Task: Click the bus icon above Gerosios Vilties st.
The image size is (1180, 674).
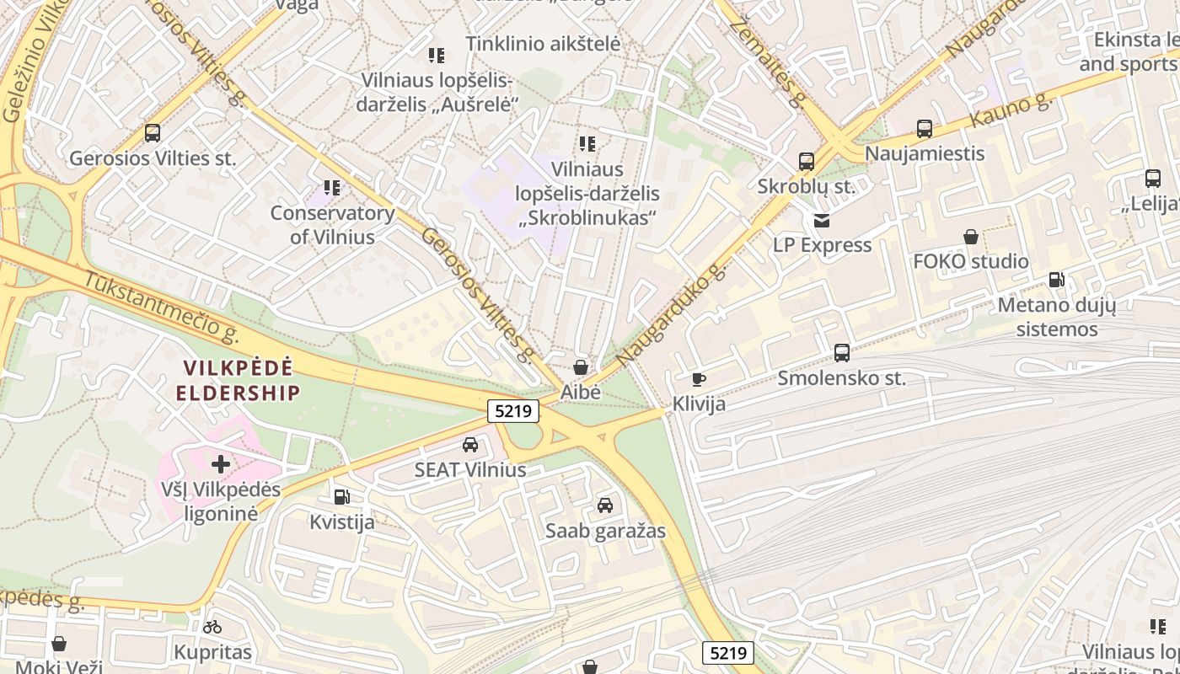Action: coord(153,132)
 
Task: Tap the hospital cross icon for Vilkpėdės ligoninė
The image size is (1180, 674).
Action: coord(221,463)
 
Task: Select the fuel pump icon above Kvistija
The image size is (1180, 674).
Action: coord(341,497)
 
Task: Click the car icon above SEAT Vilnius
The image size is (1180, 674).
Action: coord(470,445)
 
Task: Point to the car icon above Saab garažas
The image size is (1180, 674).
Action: coord(605,505)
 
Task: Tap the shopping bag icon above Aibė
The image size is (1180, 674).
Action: coord(581,367)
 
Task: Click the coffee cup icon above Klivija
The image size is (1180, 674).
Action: coord(699,379)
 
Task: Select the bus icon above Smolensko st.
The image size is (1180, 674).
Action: coord(841,353)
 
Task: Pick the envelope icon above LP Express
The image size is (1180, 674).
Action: coord(822,221)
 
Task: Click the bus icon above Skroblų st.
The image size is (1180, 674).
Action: coord(807,161)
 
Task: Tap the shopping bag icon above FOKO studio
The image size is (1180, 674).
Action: coord(971,237)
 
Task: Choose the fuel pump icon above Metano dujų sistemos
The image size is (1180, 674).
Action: coord(1056,280)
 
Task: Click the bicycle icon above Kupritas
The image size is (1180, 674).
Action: coord(212,627)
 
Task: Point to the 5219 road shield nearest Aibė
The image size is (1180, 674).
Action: coord(513,411)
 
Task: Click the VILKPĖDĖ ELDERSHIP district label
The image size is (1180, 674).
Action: coord(239,380)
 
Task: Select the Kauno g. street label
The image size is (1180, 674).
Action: coord(1011,111)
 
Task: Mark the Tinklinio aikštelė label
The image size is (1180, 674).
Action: coord(543,44)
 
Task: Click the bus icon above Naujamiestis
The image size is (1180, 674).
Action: coord(925,129)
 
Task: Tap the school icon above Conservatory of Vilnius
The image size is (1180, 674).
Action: coord(332,187)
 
